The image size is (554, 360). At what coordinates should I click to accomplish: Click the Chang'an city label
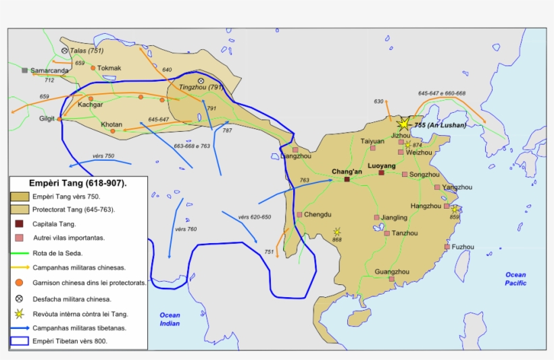pos(347,172)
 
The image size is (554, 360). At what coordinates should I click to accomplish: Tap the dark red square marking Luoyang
pos(381,173)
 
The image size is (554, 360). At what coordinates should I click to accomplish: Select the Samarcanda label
pos(49,70)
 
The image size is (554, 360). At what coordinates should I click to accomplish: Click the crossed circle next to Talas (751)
pos(64,51)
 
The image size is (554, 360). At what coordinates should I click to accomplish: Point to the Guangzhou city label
pos(392,272)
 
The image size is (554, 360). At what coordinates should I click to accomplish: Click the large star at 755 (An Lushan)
pos(403,124)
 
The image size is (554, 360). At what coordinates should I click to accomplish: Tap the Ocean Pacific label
pos(515,279)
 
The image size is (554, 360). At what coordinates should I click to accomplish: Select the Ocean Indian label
pos(170,319)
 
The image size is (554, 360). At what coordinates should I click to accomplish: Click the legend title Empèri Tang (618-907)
pos(78,183)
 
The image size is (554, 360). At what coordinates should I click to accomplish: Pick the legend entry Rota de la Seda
pos(57,253)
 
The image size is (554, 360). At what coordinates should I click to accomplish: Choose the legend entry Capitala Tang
pos(54,224)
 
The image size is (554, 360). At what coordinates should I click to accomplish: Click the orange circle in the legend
pos(20,282)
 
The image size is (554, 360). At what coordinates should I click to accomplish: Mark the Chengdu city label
pos(318,215)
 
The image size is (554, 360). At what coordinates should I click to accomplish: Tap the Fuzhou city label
pos(463,247)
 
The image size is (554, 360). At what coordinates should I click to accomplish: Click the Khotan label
pos(111,125)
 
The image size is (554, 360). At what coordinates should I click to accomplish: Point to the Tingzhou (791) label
pos(201,87)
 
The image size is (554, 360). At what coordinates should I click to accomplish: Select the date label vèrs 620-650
pos(254,217)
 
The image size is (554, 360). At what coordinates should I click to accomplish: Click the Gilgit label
pos(47,119)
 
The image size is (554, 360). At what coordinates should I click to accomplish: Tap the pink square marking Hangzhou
pos(447,207)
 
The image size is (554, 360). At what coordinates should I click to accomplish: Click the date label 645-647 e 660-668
pos(441,93)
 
